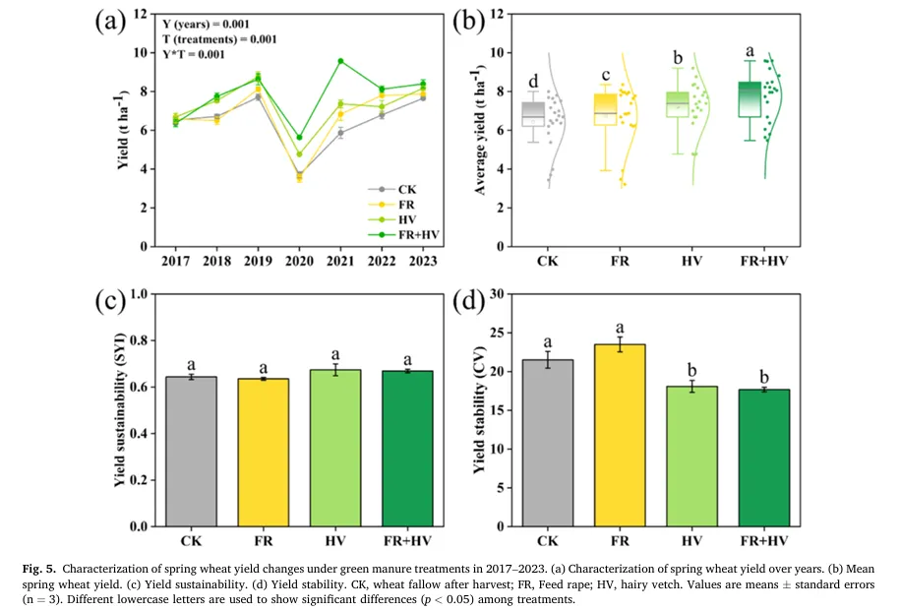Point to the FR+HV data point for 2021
pos(340,61)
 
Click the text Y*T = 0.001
pos(207,55)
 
